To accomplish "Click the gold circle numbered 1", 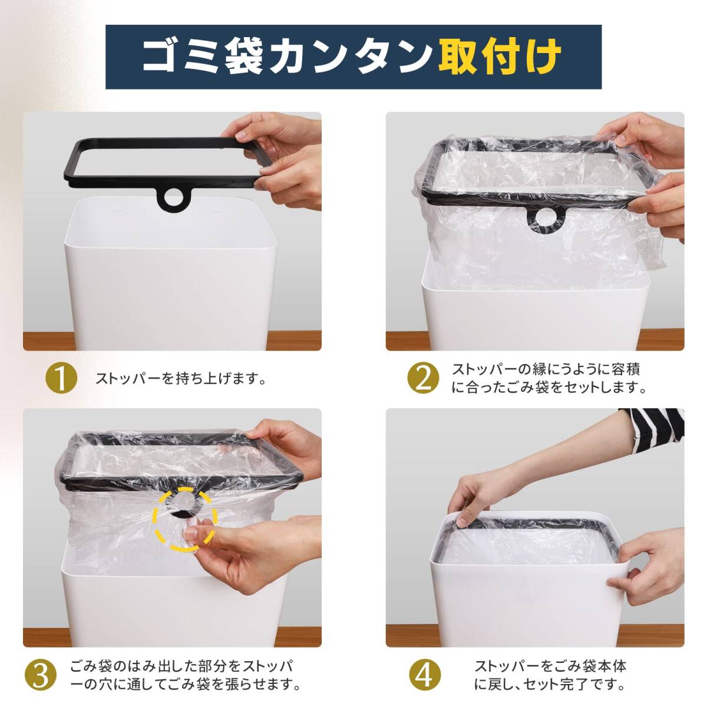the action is pos(61,379).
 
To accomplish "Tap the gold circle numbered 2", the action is pos(424,379).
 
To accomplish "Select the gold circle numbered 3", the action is pos(41,675).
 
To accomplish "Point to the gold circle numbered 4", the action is pos(425,675).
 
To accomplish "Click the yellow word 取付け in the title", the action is pos(500,57).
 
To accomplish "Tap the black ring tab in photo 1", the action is pos(171,197).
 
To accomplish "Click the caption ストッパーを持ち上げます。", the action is pos(180,379).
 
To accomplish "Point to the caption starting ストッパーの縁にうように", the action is pos(546,369).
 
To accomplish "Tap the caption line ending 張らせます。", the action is pos(185,684).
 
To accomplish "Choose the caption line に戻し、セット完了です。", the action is pos(549,684).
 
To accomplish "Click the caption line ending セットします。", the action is pos(549,388).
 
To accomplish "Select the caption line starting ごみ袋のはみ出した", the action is pos(182,666).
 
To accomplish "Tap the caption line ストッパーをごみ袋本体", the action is pos(550,666).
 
